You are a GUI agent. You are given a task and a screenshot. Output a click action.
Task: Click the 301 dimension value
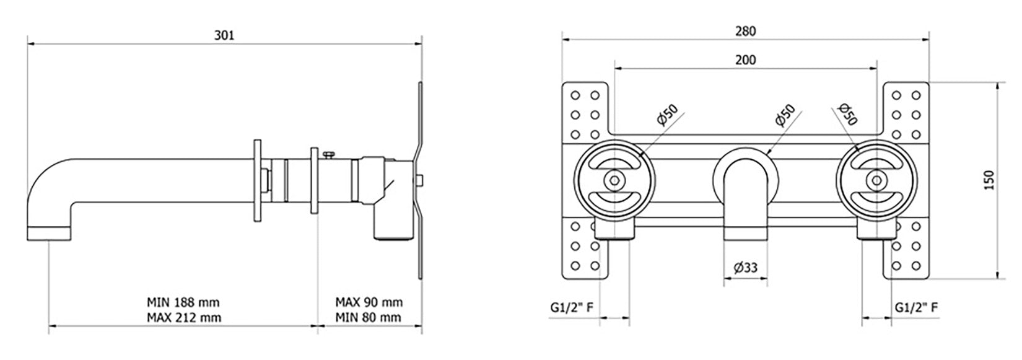point(224,35)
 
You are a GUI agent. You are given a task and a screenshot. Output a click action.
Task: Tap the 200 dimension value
point(746,59)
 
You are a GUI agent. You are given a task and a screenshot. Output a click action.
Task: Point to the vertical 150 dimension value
point(989,180)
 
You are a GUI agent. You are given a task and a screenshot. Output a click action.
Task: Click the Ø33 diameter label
point(746,268)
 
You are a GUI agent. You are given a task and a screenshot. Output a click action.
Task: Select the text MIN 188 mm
point(183,302)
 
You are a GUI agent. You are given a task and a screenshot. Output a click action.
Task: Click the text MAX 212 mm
point(183,317)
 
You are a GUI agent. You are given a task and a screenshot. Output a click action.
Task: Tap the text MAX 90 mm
point(369,302)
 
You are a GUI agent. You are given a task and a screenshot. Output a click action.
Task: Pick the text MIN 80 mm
point(369,317)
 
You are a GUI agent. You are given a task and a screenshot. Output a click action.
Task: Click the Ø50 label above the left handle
point(668,115)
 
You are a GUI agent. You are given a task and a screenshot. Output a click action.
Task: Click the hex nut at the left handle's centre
point(614,180)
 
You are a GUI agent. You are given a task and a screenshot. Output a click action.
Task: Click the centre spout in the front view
point(745,198)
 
